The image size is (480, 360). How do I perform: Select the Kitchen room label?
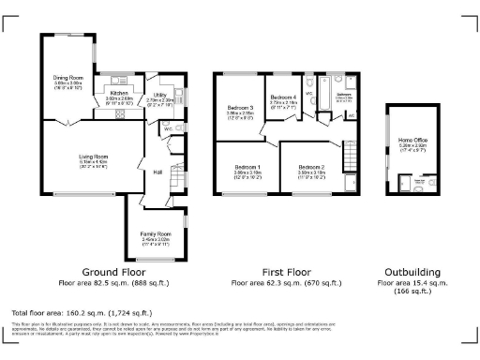click(118, 94)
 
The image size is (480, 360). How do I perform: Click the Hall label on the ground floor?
click(158, 172)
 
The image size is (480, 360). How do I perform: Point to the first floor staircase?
click(350, 151)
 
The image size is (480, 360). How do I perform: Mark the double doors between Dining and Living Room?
click(65, 123)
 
